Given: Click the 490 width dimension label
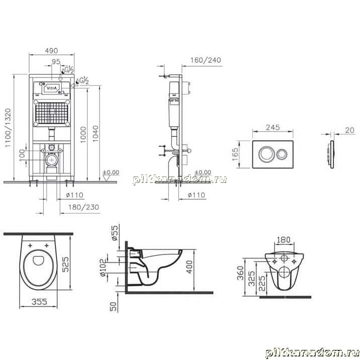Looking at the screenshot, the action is point(51,50).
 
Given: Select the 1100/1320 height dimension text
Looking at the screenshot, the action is point(8,128).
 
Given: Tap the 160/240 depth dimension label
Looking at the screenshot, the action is point(206,60).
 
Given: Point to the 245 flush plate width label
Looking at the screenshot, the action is point(273,127).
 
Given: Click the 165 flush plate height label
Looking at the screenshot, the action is point(235,154).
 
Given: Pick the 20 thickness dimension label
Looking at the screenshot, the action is point(350,130).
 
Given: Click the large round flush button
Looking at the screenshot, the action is point(266,154).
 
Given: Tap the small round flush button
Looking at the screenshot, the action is point(282,154).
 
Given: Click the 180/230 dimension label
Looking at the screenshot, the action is point(83,207).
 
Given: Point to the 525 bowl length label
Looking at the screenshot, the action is point(66,264).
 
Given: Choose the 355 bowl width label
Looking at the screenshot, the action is point(39,302).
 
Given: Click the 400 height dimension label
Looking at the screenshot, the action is point(190,267).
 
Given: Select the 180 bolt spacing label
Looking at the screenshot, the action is point(284,240).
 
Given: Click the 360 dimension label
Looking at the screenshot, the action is point(240,273).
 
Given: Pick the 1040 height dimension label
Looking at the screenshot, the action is point(96,134).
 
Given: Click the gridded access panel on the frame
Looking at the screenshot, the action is point(52,114).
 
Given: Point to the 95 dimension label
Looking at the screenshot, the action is point(56,61).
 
